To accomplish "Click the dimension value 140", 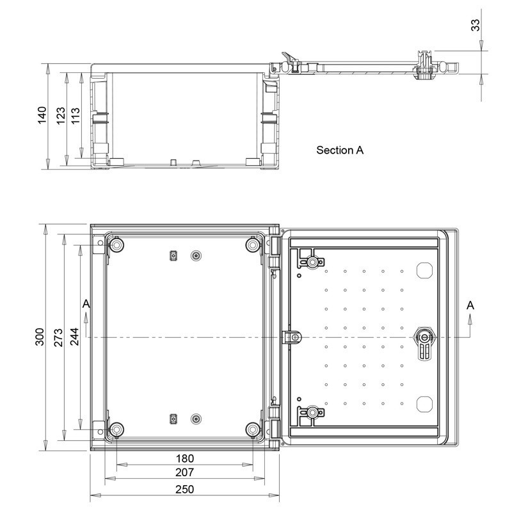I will coord(41,116).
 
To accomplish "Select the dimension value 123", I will coord(60,116).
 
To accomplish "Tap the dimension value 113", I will coord(76,116).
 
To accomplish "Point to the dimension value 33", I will coord(475,26).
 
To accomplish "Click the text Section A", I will coord(340,150).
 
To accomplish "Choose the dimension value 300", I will coord(39,337).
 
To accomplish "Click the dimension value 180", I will coord(184,459).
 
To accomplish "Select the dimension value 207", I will coord(184,474).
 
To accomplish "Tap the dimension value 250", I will coord(184,489).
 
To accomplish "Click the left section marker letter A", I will coord(86,307).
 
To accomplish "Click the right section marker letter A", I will coord(470,307).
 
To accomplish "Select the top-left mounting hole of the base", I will coord(116,246).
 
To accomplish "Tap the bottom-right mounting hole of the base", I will coord(253,428).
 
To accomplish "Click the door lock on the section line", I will coord(424,337).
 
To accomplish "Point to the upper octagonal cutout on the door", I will coord(424,270).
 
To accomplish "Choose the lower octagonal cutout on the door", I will coord(424,403).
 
